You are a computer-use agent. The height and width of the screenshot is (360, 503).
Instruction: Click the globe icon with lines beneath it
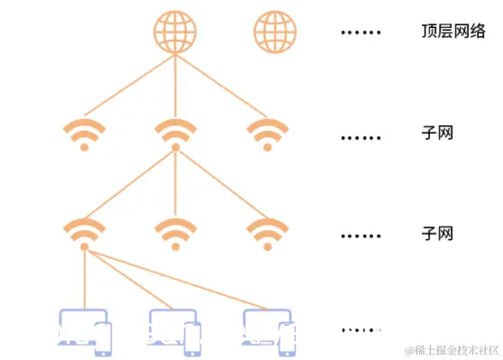[175, 32]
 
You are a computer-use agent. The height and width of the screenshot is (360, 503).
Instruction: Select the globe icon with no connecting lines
[274, 32]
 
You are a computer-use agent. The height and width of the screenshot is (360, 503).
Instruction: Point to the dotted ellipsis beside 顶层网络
[361, 34]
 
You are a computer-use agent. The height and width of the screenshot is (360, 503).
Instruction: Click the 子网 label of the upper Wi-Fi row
[436, 134]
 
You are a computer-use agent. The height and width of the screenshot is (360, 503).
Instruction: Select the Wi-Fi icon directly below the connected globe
[175, 134]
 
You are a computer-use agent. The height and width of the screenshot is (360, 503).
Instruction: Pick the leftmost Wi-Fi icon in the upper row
[85, 134]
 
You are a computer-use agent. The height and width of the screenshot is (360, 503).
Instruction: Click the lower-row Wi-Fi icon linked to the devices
[85, 233]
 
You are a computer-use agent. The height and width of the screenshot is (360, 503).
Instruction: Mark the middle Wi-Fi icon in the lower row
[175, 233]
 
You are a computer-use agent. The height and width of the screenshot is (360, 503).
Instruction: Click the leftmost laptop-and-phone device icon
[85, 329]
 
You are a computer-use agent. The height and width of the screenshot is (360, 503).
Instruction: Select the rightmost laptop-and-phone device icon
[270, 329]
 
